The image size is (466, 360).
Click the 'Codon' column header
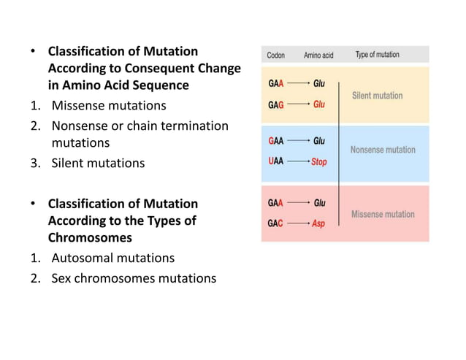point(276,55)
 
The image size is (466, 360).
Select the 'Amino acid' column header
point(318,55)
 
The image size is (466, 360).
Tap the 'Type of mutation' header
point(377,55)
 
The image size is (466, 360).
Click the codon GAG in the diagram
point(276,104)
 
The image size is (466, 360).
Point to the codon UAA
point(276,162)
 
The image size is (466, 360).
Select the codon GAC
point(276,223)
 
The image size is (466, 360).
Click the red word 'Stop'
point(319,162)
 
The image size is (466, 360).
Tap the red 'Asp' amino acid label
point(319,223)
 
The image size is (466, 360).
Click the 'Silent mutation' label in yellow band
point(377,96)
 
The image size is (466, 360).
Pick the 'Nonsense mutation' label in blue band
point(383,150)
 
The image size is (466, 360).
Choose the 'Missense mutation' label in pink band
point(383,214)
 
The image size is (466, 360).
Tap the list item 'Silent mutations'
point(98,163)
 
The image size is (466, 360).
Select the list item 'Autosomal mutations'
point(112,258)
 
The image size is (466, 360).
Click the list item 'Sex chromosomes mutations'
point(134,277)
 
